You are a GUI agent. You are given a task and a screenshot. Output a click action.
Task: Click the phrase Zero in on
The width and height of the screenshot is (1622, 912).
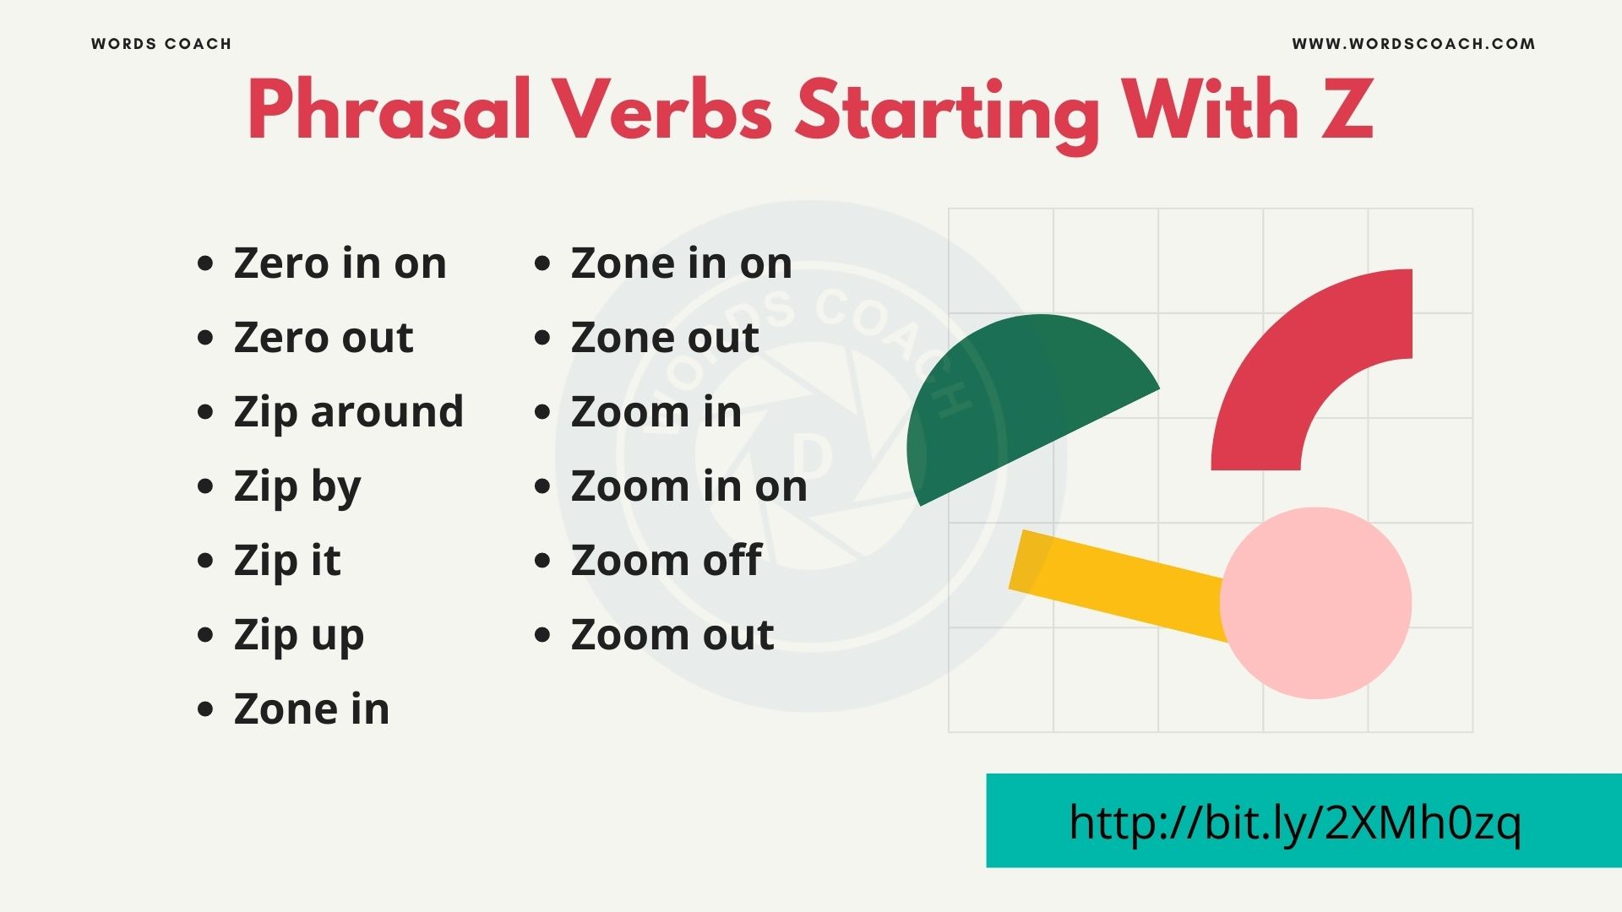point(340,263)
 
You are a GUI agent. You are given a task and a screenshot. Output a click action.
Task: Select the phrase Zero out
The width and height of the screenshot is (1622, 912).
point(324,338)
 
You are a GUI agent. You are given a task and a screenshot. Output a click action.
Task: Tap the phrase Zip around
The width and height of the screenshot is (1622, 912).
point(348,412)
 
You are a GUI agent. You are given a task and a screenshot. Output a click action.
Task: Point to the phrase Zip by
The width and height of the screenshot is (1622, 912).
point(297,487)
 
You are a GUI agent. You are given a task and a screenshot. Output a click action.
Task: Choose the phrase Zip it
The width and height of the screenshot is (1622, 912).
point(287,561)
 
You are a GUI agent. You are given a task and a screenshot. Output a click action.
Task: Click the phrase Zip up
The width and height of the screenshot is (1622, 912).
point(299,636)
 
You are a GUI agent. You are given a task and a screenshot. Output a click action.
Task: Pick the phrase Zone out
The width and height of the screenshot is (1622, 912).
point(665,338)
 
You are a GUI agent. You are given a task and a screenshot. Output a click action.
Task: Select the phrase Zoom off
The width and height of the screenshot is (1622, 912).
point(667,561)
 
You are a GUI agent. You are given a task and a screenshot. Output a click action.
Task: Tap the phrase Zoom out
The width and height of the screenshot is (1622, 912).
point(672,635)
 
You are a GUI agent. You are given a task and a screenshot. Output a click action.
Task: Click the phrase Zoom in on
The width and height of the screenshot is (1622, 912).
point(689,486)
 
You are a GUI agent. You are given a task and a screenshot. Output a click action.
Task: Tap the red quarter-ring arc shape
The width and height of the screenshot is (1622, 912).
point(1293,363)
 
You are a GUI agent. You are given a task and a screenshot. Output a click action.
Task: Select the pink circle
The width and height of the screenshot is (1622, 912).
point(1315,603)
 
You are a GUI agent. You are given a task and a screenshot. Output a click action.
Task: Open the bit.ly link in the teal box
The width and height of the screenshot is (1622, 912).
point(1294,822)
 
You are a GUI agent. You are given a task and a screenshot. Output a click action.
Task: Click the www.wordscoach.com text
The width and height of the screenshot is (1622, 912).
point(1413,44)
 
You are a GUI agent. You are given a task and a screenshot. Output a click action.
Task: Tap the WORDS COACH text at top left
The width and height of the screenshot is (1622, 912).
point(161,44)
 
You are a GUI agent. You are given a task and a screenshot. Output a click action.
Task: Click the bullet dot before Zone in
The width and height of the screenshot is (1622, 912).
point(205,709)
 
